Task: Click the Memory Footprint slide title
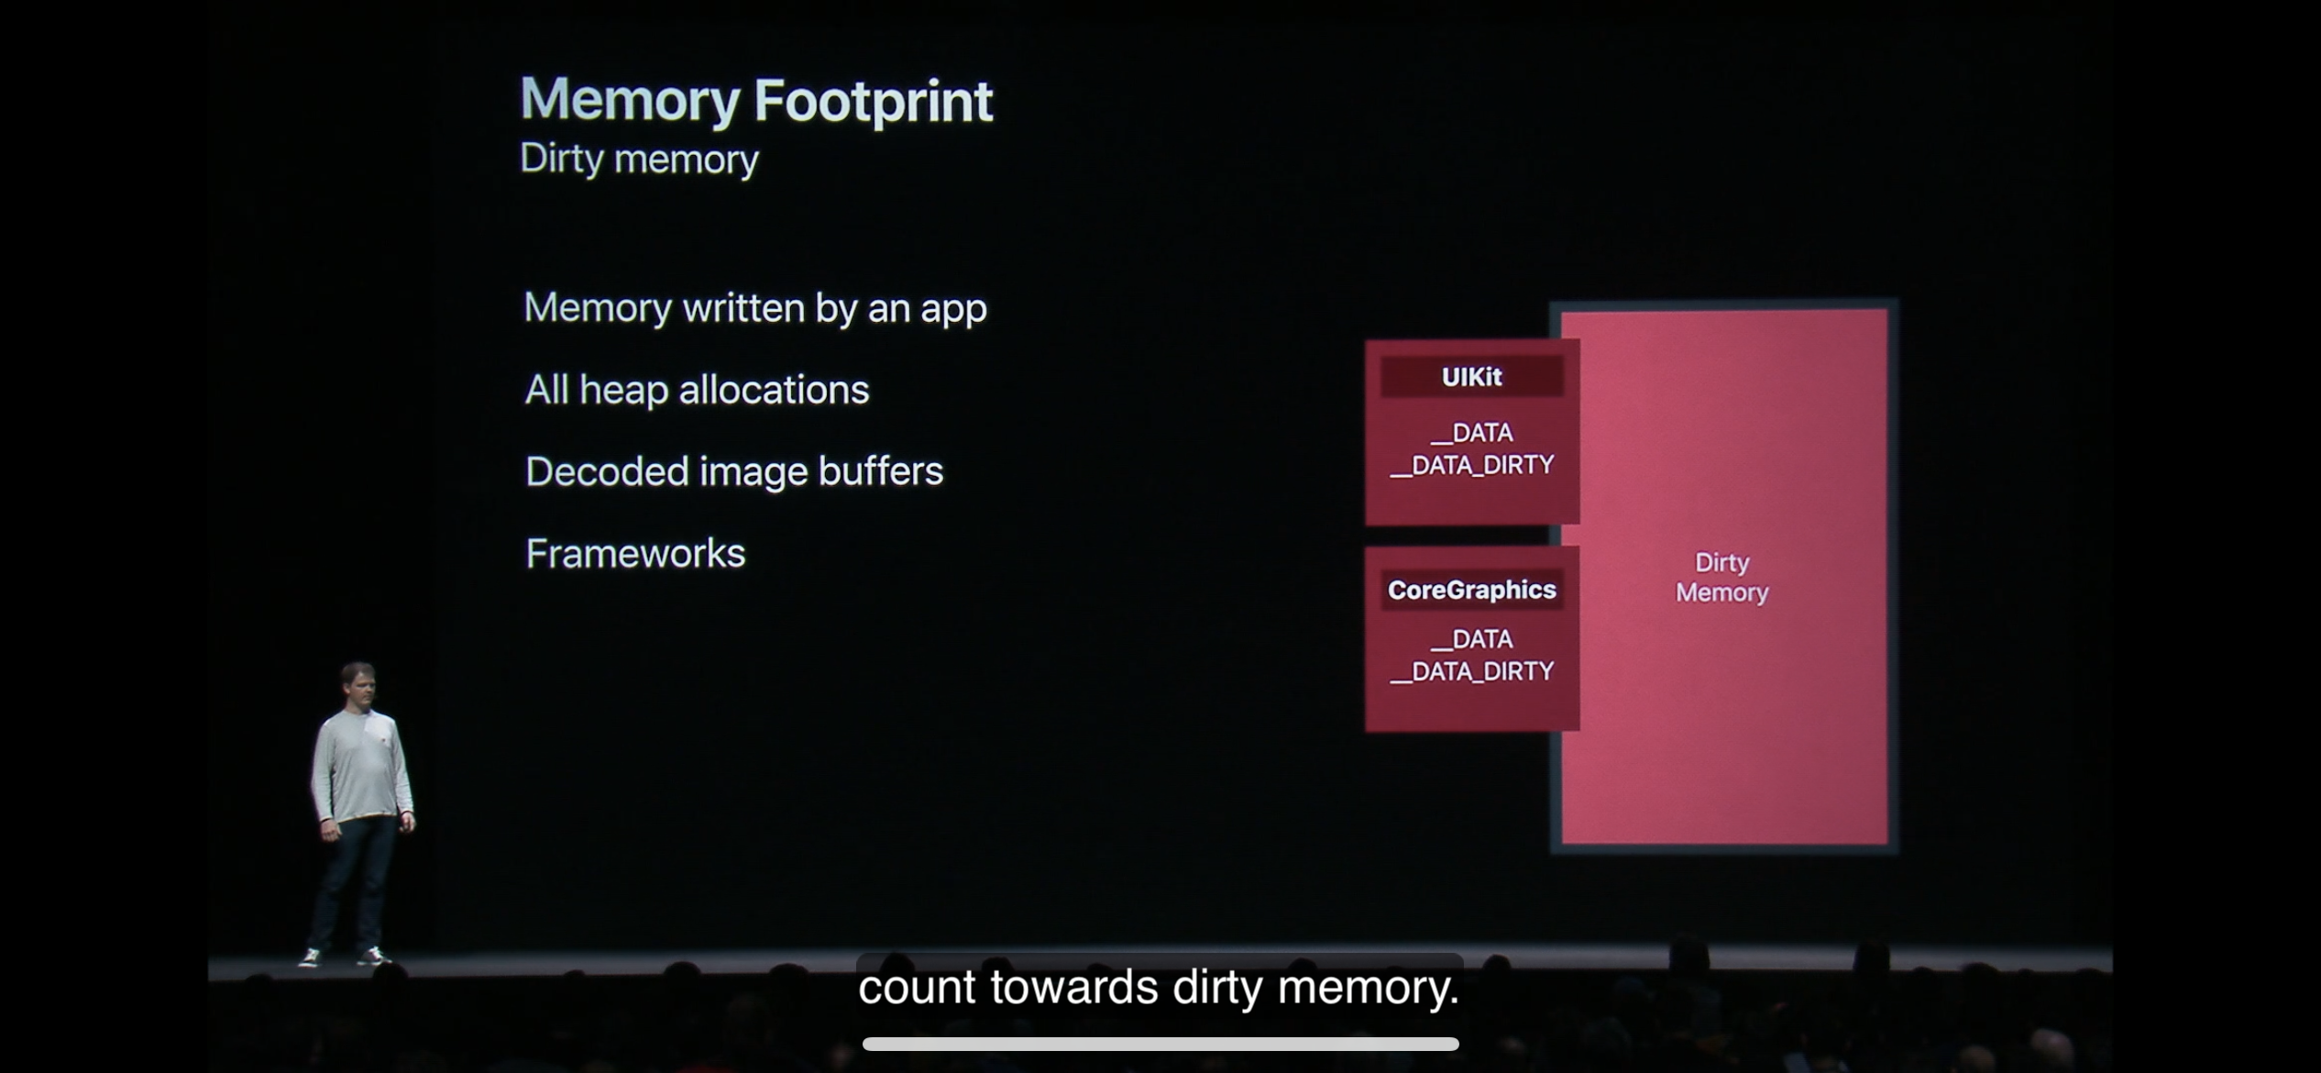(x=755, y=101)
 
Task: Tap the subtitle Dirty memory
(x=639, y=160)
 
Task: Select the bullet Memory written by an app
(x=754, y=308)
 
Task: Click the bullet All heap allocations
(x=697, y=390)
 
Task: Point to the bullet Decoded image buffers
(x=733, y=471)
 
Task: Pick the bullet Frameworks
(x=635, y=553)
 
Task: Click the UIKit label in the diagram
(x=1471, y=377)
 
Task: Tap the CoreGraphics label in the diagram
(x=1471, y=590)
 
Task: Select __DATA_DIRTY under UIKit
(x=1471, y=465)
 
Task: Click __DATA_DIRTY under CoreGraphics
(x=1471, y=671)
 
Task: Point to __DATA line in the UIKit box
(x=1472, y=432)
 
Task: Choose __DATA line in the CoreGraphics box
(x=1472, y=638)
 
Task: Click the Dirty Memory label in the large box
(x=1721, y=577)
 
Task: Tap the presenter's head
(x=357, y=683)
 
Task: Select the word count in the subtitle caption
(x=917, y=988)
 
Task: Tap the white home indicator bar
(x=1160, y=1044)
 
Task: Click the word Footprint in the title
(x=873, y=101)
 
